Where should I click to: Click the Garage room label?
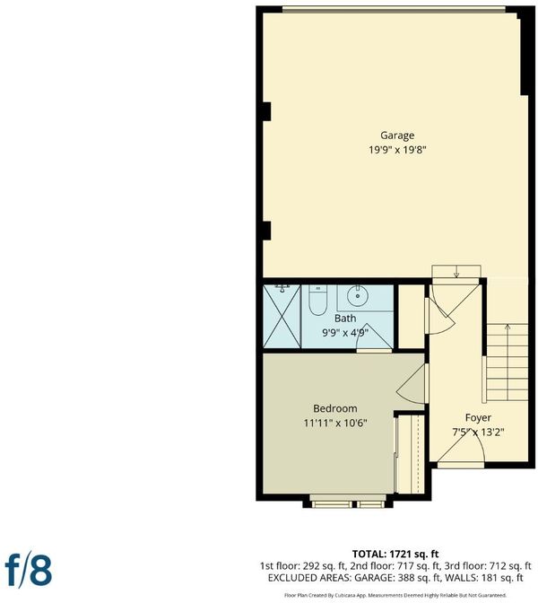(397, 135)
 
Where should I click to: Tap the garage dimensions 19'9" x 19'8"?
(397, 150)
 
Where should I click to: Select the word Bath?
(345, 319)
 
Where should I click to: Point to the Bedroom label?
(335, 408)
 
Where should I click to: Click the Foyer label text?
(478, 417)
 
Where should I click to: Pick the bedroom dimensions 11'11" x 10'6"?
(335, 424)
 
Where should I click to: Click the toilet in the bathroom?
(317, 301)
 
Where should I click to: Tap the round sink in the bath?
(358, 296)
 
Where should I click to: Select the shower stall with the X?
(282, 317)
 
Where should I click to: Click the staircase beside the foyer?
(508, 363)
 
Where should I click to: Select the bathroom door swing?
(374, 336)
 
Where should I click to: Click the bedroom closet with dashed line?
(411, 454)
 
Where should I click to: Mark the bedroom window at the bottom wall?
(348, 501)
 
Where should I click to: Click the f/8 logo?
(29, 570)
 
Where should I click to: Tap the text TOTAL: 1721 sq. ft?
(395, 555)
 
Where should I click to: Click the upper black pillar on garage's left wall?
(267, 111)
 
